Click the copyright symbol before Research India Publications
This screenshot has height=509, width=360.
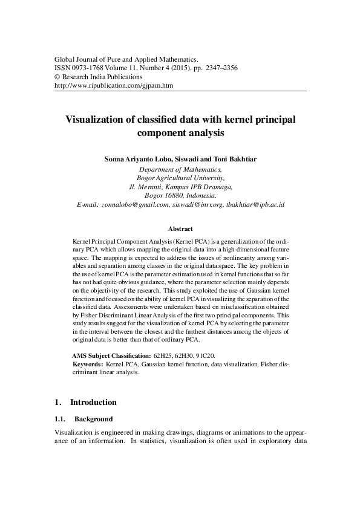click(x=57, y=77)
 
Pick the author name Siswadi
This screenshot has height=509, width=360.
click(x=189, y=159)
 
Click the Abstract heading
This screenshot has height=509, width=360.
click(x=180, y=229)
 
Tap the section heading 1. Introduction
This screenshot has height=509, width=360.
click(x=85, y=402)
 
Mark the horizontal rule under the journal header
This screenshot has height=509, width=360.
click(x=180, y=91)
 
